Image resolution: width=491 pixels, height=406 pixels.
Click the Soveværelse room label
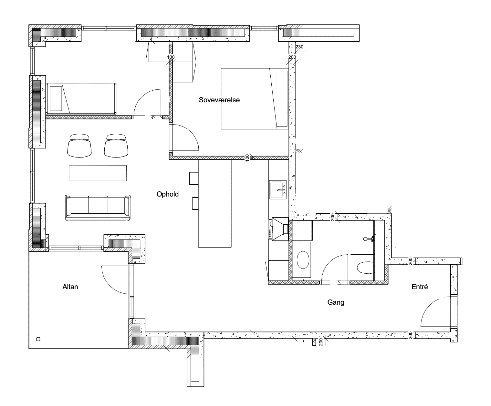(x=219, y=100)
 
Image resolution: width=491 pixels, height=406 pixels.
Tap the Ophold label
(x=168, y=194)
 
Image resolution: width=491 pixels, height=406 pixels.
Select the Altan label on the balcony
(x=70, y=287)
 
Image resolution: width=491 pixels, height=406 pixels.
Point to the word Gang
(x=336, y=302)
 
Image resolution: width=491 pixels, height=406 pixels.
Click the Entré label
(x=420, y=287)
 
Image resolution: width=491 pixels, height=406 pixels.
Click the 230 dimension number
(x=299, y=47)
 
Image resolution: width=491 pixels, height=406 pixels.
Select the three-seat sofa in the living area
(x=98, y=208)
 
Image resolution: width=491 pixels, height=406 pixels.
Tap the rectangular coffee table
(x=98, y=173)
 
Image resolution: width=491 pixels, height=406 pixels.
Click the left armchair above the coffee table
(x=79, y=146)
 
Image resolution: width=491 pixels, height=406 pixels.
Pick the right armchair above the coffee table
(x=116, y=146)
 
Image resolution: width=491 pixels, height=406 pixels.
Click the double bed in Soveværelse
(x=255, y=99)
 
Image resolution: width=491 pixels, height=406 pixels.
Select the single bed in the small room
(x=81, y=99)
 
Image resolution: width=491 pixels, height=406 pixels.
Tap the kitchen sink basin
(x=278, y=190)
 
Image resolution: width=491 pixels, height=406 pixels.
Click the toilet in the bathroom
(x=365, y=268)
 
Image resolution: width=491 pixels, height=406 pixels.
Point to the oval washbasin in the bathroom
(x=303, y=260)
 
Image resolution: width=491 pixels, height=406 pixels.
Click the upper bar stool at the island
(x=194, y=178)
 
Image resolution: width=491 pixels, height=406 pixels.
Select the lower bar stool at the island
(x=195, y=203)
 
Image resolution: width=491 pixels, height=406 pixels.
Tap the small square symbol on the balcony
(x=38, y=339)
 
